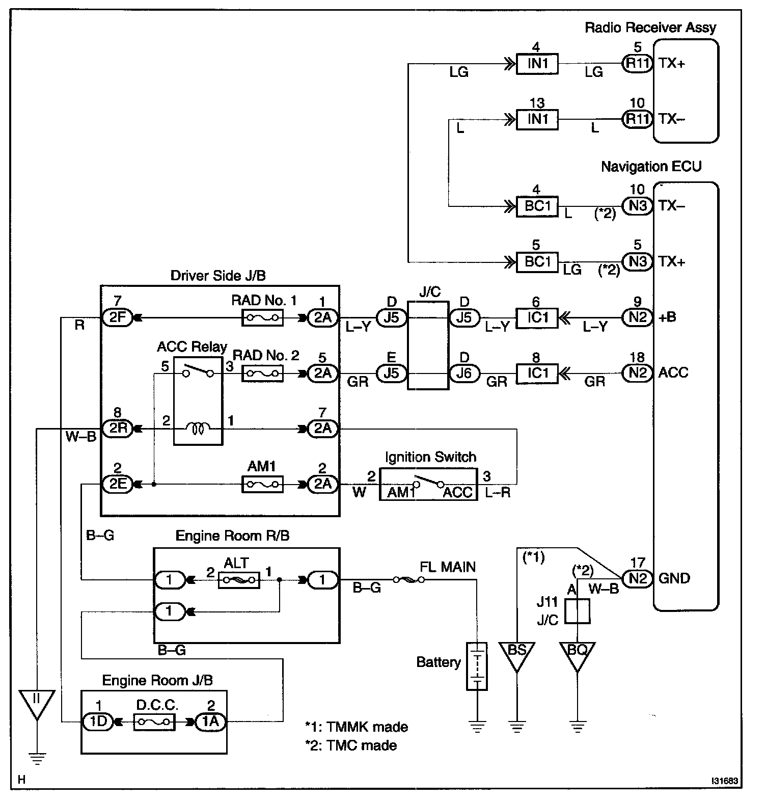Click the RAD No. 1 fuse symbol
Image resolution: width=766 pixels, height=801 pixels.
262,318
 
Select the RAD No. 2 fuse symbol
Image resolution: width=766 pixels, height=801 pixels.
262,374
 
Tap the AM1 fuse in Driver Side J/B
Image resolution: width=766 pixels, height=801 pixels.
262,484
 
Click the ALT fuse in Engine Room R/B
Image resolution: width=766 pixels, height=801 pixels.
238,580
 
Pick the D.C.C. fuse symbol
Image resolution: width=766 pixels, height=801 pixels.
154,722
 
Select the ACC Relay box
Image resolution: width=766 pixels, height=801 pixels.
198,401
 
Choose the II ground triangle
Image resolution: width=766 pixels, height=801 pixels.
36,702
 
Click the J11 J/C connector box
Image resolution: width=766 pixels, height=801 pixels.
578,611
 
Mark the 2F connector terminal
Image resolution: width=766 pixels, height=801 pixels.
117,318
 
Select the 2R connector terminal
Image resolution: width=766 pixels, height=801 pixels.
117,429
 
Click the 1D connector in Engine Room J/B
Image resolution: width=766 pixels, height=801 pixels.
98,722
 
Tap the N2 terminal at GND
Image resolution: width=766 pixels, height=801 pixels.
637,578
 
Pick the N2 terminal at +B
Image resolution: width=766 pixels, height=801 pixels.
637,318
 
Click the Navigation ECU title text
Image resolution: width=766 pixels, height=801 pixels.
651,167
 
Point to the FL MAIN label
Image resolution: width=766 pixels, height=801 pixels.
448,567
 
